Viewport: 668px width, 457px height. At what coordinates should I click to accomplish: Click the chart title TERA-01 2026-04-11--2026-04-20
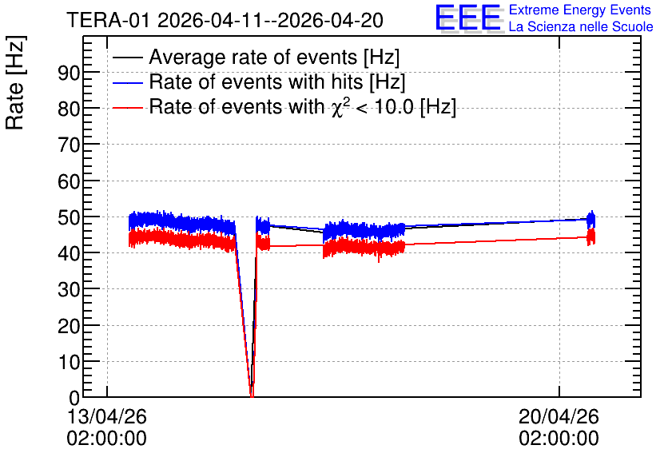225,20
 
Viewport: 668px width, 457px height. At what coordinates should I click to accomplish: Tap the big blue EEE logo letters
468,18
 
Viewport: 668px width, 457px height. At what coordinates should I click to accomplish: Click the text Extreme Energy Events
580,10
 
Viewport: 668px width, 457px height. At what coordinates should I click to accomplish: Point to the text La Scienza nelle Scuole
581,26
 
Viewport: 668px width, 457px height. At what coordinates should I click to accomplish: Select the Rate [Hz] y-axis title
16,82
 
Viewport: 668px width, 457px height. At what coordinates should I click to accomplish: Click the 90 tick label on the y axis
69,74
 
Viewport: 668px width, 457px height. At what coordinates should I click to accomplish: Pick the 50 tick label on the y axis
69,217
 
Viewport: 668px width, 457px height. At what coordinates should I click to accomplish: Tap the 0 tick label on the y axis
74,398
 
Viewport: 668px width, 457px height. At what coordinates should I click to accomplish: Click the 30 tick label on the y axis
69,289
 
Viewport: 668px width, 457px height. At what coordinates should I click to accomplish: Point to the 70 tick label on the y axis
69,145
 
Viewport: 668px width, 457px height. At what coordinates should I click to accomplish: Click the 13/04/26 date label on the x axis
107,416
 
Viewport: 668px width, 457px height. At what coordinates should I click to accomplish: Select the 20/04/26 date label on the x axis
559,416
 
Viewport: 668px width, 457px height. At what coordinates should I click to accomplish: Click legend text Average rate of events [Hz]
274,57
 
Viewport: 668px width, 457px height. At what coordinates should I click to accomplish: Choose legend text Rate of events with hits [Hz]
277,81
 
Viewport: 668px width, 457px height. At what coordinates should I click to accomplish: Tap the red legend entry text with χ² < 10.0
303,106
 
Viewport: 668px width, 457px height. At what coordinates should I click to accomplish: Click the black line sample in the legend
127,58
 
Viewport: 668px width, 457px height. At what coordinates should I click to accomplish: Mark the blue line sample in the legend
127,82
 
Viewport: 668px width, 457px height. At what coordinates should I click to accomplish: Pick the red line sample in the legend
127,108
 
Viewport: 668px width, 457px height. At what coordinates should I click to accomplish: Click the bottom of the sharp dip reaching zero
252,396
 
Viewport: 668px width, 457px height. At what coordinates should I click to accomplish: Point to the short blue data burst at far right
590,220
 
